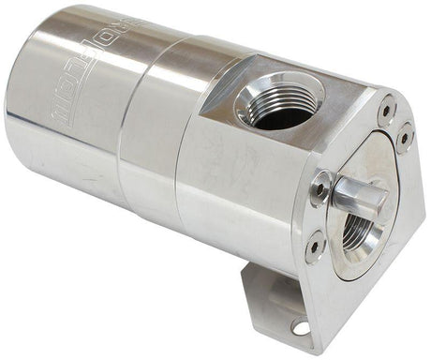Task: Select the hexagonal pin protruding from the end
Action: tap(359, 194)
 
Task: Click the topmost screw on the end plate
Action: tap(386, 110)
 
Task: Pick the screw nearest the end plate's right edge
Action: tap(405, 137)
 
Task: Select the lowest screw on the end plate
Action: tap(316, 246)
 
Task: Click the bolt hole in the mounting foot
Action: tap(300, 326)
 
